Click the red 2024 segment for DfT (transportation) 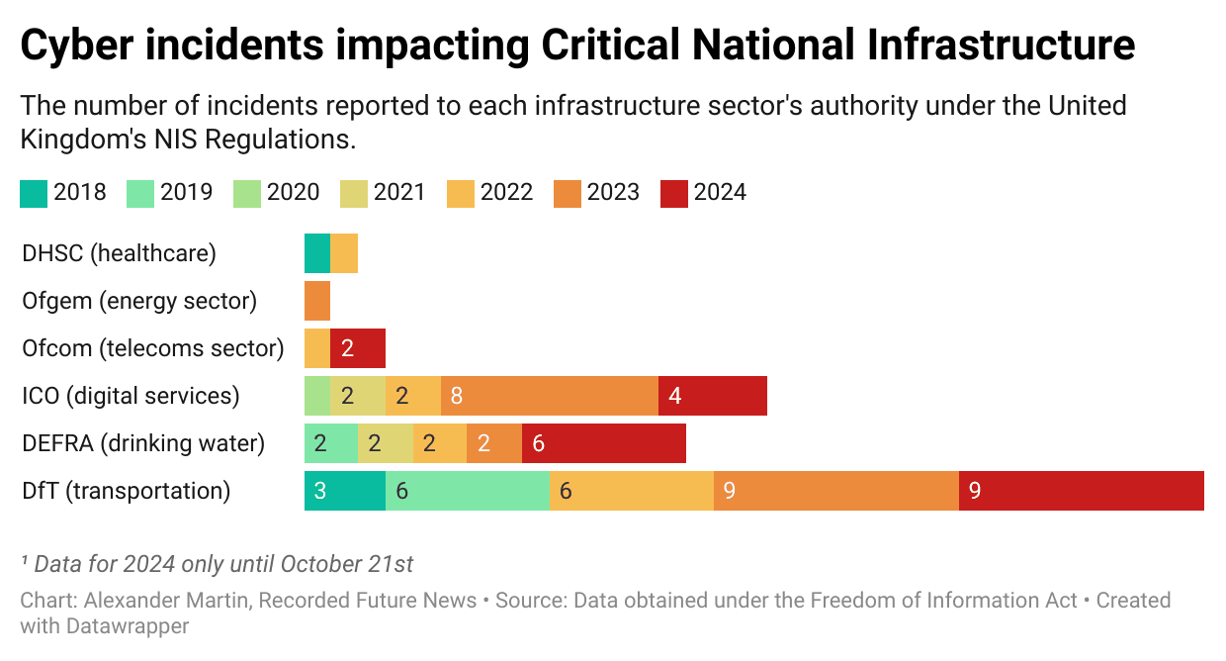(1081, 491)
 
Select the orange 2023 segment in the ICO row (550, 396)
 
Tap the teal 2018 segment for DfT (344, 491)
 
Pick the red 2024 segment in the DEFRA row (603, 443)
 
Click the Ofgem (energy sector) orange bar (317, 301)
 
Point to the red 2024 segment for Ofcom (358, 348)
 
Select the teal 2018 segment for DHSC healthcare (317, 253)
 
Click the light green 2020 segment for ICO (317, 396)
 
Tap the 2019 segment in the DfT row (467, 491)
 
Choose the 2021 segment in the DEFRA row (386, 443)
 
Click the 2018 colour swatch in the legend (34, 192)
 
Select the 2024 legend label (720, 192)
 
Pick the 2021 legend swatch (354, 192)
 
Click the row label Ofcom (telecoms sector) (152, 348)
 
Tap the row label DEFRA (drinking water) (143, 443)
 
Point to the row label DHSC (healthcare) (119, 253)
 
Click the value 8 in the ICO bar (457, 396)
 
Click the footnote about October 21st (218, 564)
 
